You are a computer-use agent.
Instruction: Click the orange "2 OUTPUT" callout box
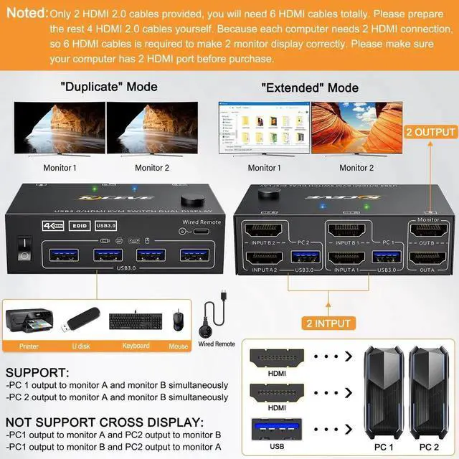(431, 132)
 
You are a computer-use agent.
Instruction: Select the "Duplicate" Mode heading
(109, 87)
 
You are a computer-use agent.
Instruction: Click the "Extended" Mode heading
(310, 87)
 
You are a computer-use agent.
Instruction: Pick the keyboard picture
(135, 323)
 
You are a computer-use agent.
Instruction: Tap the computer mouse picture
(179, 321)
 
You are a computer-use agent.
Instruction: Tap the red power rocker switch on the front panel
(24, 247)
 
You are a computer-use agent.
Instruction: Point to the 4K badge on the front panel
(52, 224)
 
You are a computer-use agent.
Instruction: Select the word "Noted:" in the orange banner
(27, 13)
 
